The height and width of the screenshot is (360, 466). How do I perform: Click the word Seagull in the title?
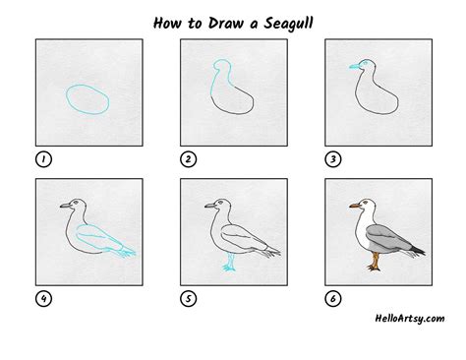pos(288,24)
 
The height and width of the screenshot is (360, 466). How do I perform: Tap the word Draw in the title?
pos(226,23)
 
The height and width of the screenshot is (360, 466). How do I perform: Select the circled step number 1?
pos(43,159)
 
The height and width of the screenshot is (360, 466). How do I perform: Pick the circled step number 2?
pos(189,159)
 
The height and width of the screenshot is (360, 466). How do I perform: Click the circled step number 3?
pos(333,159)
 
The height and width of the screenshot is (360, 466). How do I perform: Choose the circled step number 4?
pos(43,299)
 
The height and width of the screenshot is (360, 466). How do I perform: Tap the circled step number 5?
pos(189,299)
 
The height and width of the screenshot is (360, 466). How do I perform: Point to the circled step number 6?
pos(333,299)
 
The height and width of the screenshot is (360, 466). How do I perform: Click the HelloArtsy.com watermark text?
pos(410,319)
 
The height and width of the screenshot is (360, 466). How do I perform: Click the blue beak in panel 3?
pos(355,67)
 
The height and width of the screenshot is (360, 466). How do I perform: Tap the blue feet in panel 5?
pos(229,264)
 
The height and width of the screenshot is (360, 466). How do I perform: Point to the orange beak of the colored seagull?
pos(355,206)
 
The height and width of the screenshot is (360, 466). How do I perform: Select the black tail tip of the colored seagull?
pos(417,251)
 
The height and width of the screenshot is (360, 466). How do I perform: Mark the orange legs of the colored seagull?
pos(375,262)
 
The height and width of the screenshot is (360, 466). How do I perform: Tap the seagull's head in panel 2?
pos(222,66)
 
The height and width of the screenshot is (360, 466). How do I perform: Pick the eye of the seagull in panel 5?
pos(220,203)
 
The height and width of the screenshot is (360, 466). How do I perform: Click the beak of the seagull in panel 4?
pos(66,206)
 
